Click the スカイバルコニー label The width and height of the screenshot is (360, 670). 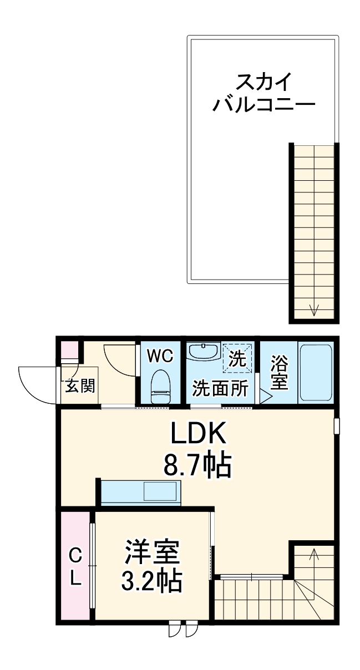264,93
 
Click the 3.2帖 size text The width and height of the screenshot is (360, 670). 152,580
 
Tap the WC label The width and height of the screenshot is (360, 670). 160,356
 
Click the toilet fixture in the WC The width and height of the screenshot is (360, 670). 161,386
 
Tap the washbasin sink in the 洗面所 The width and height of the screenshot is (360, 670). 203,352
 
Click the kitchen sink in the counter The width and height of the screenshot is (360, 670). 160,492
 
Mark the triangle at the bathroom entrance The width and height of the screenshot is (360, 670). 265,398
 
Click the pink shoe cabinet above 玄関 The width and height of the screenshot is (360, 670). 69,351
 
